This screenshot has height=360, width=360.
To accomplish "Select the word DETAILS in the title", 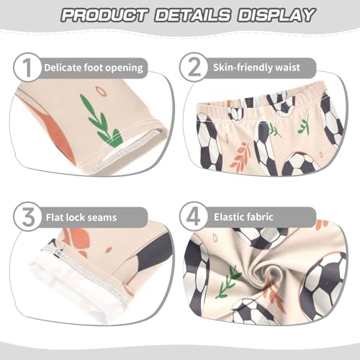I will [194, 15].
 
